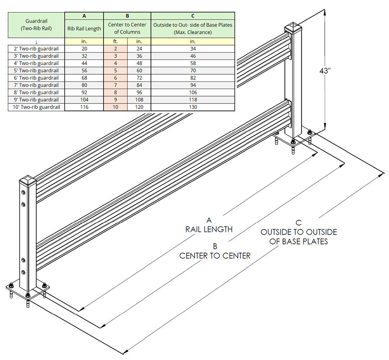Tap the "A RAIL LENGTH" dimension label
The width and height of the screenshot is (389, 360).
pos(209,224)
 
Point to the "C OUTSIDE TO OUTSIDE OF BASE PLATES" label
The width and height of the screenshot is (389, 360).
pos(298,232)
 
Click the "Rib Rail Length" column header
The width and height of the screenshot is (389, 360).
pos(84,28)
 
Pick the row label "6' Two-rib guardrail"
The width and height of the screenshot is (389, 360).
pos(36,78)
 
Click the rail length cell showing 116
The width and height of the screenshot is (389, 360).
pos(84,107)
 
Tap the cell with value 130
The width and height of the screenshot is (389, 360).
pos(193,107)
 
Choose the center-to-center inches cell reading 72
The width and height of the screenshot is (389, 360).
pos(139,78)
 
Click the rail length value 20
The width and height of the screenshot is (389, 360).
pos(84,49)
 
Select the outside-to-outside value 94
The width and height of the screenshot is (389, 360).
pos(193,85)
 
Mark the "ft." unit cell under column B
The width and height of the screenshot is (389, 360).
pos(115,41)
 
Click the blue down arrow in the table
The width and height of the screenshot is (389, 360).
pos(36,41)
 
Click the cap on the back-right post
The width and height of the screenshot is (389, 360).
pos(293,28)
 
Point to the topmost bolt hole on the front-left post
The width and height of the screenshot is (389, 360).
pos(23,193)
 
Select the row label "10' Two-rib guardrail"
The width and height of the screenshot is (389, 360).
pos(36,107)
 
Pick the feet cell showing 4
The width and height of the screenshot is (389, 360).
pos(115,63)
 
